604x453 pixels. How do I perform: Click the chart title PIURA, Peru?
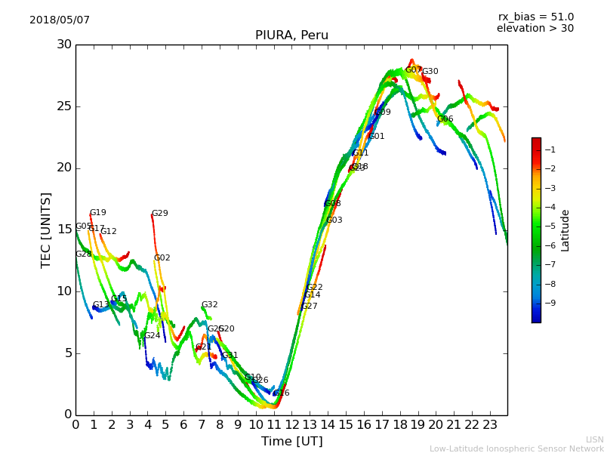291,35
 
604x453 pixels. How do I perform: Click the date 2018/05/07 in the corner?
60,20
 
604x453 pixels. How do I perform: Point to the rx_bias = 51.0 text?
535,17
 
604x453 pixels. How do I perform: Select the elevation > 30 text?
535,29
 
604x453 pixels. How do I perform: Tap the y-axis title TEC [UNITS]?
46,230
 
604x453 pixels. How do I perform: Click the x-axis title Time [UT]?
291,441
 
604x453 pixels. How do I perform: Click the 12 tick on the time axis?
291,425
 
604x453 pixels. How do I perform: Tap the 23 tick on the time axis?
489,425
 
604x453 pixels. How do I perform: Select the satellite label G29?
160,214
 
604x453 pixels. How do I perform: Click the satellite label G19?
98,213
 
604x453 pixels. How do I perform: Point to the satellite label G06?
445,119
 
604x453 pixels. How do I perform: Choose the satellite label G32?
209,305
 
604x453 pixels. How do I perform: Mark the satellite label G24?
153,336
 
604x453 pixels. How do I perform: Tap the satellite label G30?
430,72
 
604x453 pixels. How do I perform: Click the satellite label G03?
334,220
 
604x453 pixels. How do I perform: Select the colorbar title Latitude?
565,230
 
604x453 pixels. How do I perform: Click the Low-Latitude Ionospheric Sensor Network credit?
516,448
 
